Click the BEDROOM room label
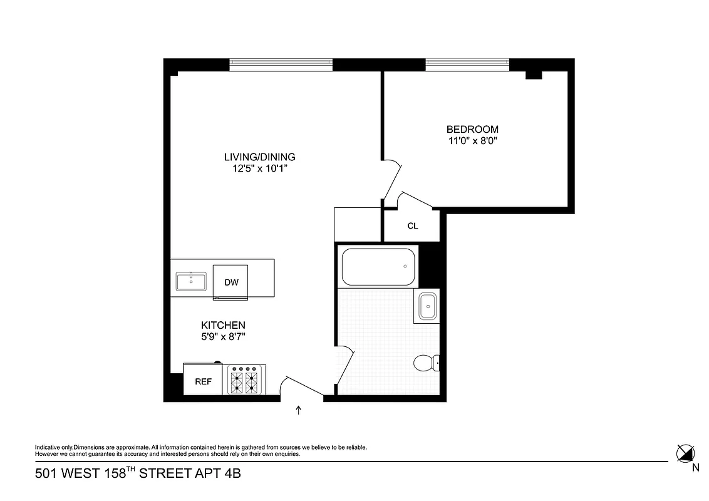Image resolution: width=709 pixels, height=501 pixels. click(472, 130)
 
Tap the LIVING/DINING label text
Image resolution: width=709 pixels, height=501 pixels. click(259, 157)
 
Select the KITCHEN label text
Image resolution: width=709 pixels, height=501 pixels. click(222, 325)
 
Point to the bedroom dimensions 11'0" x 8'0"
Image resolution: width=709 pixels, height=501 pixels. click(472, 142)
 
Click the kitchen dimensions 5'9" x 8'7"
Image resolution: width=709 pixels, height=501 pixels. click(222, 337)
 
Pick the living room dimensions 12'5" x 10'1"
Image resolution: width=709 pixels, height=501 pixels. click(259, 168)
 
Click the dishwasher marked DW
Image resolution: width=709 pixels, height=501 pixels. click(231, 282)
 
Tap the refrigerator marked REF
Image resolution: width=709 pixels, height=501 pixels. click(203, 381)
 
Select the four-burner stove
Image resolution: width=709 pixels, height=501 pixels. click(244, 380)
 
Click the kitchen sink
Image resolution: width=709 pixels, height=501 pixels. click(192, 282)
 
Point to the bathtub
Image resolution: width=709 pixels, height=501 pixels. click(378, 267)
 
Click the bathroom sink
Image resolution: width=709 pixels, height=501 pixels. click(428, 307)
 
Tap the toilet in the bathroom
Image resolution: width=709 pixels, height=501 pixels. click(426, 363)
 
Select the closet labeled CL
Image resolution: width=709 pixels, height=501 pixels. click(412, 226)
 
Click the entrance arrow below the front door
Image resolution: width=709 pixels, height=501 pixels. click(298, 410)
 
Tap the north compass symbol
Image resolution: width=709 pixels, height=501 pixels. click(685, 452)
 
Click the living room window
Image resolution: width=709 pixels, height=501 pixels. click(281, 64)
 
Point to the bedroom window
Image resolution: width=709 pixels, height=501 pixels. click(467, 64)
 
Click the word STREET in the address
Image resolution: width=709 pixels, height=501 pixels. click(164, 474)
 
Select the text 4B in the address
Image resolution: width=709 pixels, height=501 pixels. click(232, 474)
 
